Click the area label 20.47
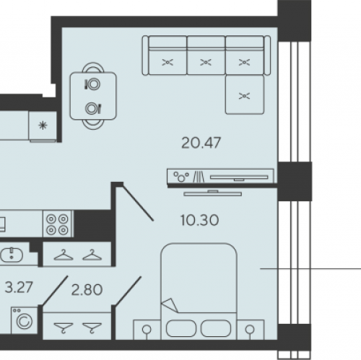point(201,143)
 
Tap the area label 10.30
point(199,220)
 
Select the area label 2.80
point(87,289)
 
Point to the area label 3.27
point(19,287)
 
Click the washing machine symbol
point(25,320)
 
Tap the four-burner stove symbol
point(57,224)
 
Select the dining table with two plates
point(93,96)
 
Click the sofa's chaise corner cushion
point(245,95)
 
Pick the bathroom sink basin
point(12,255)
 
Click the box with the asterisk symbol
point(43,126)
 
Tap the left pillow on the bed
point(181,328)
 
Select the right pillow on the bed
point(216,328)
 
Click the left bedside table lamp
point(147,330)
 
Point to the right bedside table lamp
point(251,330)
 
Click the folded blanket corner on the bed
point(170,305)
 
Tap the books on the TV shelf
point(199,177)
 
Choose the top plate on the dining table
point(94,84)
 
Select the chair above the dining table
point(93,67)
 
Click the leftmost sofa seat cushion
point(168,62)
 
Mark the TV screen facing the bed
point(213,193)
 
